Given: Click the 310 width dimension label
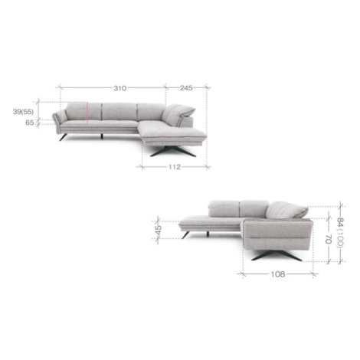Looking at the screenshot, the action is point(120,88).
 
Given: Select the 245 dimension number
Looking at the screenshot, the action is point(186,88).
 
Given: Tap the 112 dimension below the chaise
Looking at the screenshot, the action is point(175,167).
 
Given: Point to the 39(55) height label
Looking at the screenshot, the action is point(23,112).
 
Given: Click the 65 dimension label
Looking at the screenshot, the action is point(30,123).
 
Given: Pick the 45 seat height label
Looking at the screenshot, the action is point(159,230).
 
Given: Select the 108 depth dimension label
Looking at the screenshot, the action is point(278,274).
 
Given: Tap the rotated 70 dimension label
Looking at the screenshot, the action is point(329,239).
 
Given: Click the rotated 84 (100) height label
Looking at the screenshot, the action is point(341,232).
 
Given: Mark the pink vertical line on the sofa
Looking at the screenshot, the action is point(87,113).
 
